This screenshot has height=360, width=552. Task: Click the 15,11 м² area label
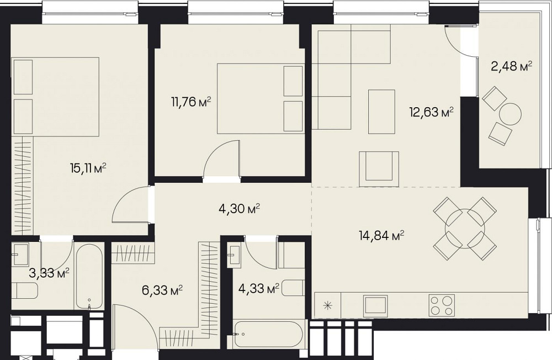tap(88, 169)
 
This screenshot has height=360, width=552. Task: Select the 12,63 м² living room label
tap(431, 113)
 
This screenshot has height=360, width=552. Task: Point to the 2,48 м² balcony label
tap(511, 66)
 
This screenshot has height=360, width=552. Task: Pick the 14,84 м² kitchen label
tap(381, 235)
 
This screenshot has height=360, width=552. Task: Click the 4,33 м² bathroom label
tap(259, 288)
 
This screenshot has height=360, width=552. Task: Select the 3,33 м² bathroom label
tap(49, 273)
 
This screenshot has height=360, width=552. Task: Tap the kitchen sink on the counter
tap(376, 305)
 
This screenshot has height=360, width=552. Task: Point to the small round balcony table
tap(510, 113)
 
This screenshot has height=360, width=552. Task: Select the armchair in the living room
tap(379, 169)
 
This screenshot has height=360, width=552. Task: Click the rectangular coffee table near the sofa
tap(381, 112)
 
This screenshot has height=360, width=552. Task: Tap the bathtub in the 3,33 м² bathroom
tap(89, 277)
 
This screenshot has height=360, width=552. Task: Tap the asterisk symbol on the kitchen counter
tap(328, 305)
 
